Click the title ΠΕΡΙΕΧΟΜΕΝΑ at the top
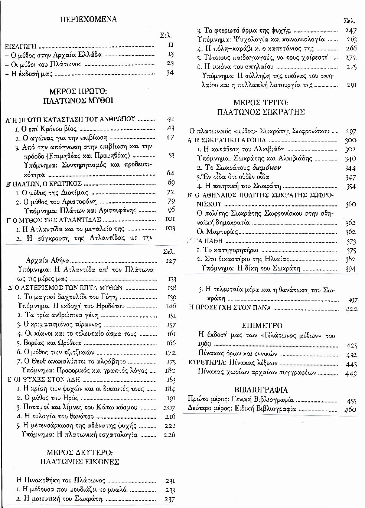tap(88, 19)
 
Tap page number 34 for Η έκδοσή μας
tap(170, 73)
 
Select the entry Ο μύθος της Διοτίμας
tap(55, 192)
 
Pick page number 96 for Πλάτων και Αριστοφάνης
tap(171, 210)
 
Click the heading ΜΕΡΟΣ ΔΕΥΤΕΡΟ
tap(79, 452)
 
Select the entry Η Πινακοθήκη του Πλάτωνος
tap(61, 481)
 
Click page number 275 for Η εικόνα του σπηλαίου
tap(351, 67)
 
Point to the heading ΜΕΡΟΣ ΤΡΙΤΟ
tap(261, 103)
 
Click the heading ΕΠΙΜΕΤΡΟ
tap(262, 326)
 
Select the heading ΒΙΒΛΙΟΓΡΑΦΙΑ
tap(261, 390)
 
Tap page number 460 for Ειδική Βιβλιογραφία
tap(351, 409)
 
